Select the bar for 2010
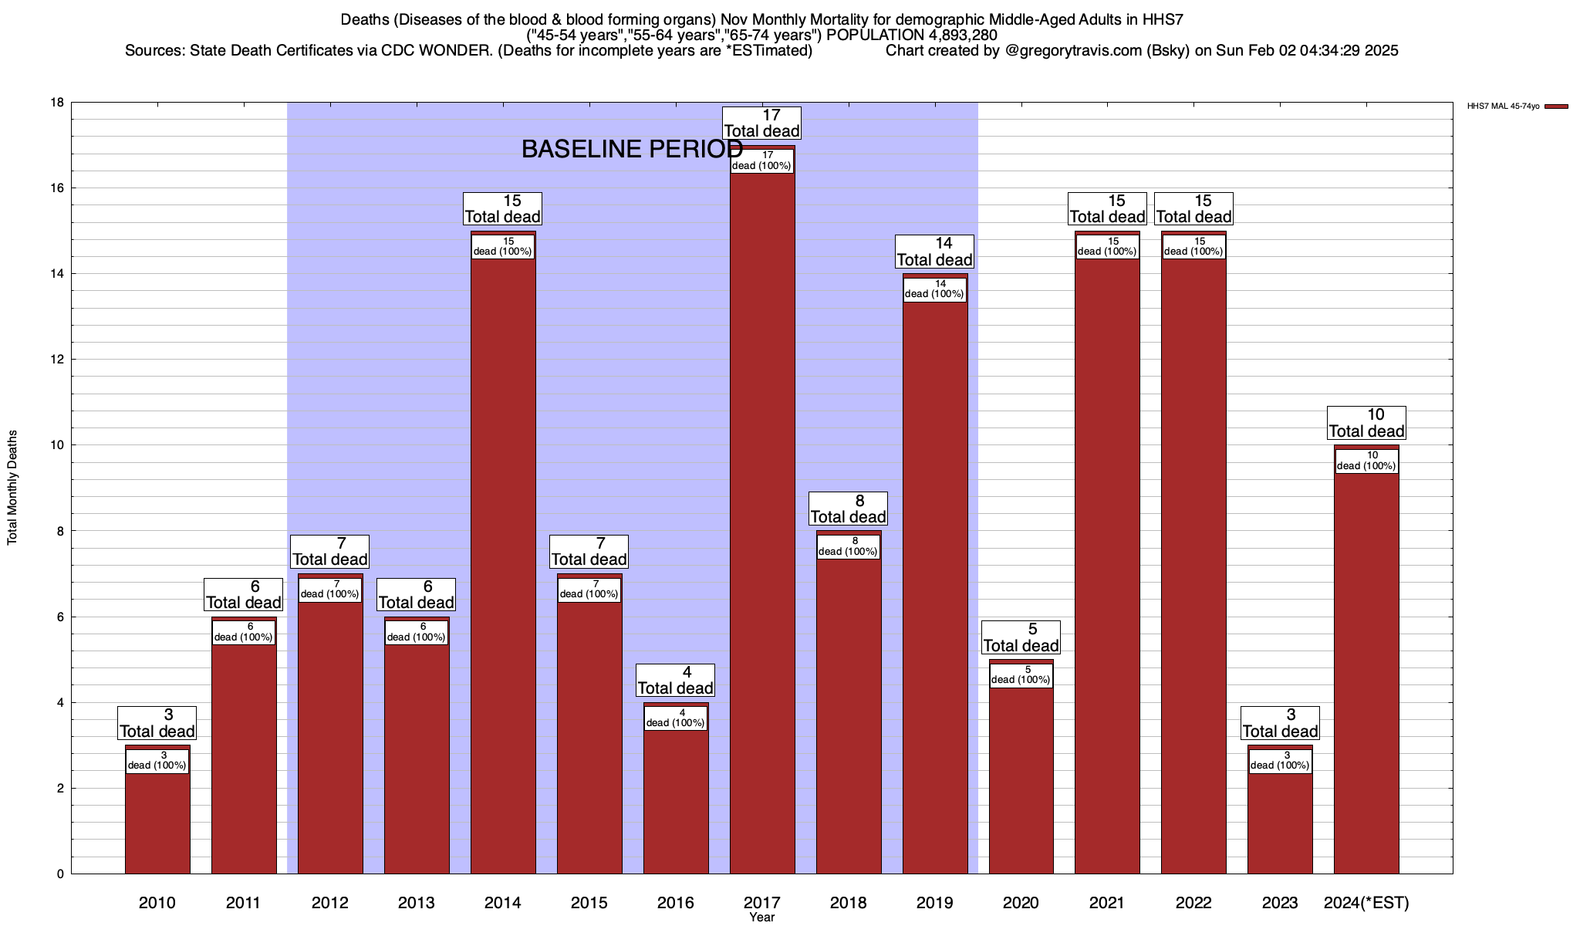pyautogui.click(x=157, y=818)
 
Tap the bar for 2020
pyautogui.click(x=1021, y=779)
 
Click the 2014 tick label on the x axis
pyautogui.click(x=502, y=903)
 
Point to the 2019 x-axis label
pyautogui.click(x=934, y=903)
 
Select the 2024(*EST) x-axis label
pyautogui.click(x=1366, y=903)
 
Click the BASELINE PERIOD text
pyautogui.click(x=632, y=149)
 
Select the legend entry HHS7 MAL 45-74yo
pyautogui.click(x=1503, y=106)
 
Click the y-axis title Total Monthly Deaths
pyautogui.click(x=12, y=488)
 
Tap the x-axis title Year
pyautogui.click(x=761, y=918)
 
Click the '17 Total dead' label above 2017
pyautogui.click(x=761, y=123)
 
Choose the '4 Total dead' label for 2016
pyautogui.click(x=675, y=681)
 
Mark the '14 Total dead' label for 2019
pyautogui.click(x=934, y=252)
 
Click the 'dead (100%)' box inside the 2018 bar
pyautogui.click(x=848, y=546)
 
